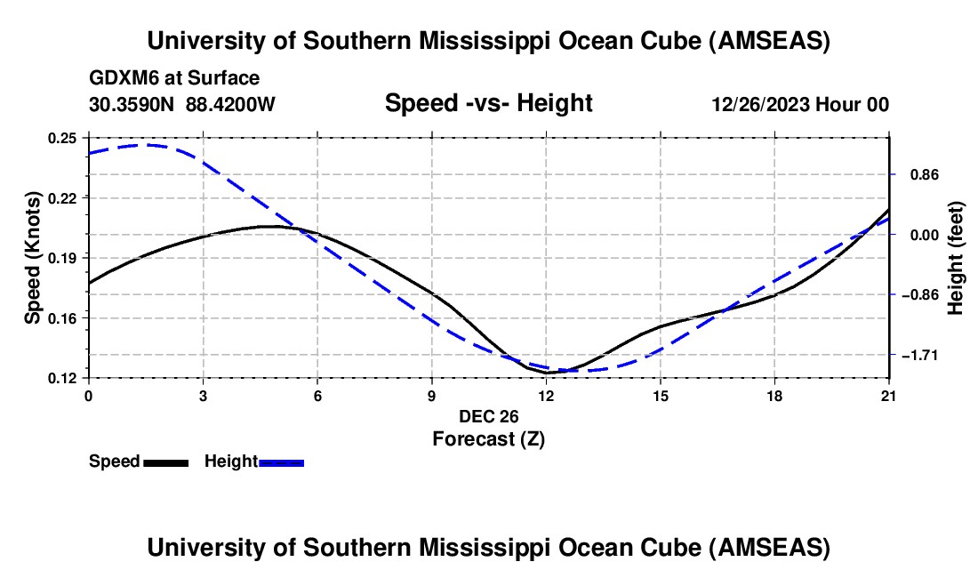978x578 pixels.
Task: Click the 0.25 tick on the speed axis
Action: pyautogui.click(x=63, y=138)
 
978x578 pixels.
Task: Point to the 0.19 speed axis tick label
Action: pyautogui.click(x=63, y=258)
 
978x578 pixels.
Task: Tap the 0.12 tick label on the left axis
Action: pyautogui.click(x=63, y=378)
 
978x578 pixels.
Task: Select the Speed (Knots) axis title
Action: pyautogui.click(x=32, y=258)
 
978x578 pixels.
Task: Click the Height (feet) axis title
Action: pyautogui.click(x=956, y=258)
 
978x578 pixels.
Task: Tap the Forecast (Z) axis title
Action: pyautogui.click(x=488, y=438)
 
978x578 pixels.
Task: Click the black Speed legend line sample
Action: pyautogui.click(x=165, y=462)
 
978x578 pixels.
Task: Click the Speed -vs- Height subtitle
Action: pyautogui.click(x=488, y=103)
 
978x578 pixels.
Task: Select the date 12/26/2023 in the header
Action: pyautogui.click(x=758, y=105)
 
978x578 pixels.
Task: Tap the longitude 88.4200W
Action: pyautogui.click(x=231, y=105)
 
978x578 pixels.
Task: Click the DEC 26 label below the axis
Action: pyautogui.click(x=488, y=416)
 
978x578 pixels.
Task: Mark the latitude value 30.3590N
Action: pyautogui.click(x=132, y=105)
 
